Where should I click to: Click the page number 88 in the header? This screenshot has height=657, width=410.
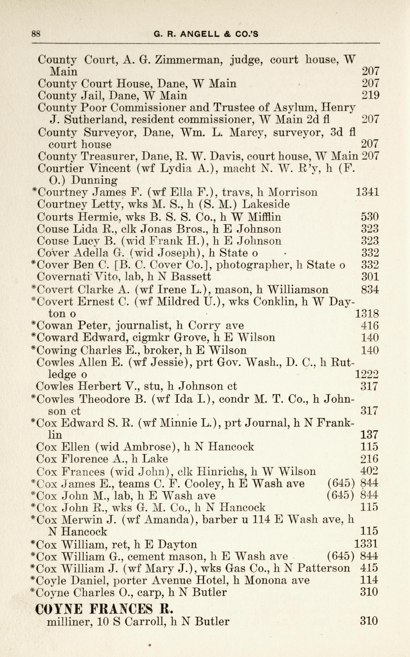click(36, 34)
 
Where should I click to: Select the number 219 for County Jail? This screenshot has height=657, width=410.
click(370, 95)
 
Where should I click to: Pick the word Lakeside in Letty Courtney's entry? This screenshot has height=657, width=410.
click(266, 204)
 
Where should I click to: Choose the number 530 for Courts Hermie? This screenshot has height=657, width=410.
click(370, 217)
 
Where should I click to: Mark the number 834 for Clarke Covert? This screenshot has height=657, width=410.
click(370, 290)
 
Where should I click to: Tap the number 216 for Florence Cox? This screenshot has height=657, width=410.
click(369, 459)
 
